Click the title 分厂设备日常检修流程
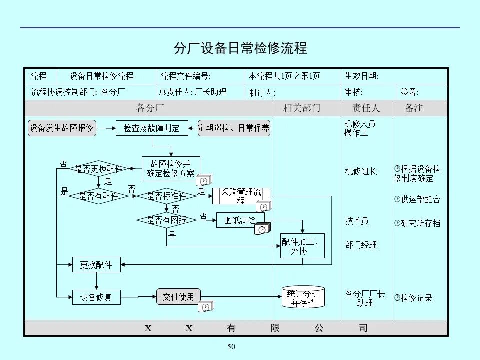pos(240,48)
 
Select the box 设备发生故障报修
pos(62,128)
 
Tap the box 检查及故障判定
pos(152,128)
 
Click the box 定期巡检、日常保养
pos(234,128)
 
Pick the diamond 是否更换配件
pos(99,169)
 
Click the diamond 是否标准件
pos(166,196)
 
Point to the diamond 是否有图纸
pos(166,219)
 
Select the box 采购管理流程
pos(241,196)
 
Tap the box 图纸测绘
pos(240,220)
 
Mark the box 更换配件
pos(96,265)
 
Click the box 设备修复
pos(96,297)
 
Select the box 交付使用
pos(178,296)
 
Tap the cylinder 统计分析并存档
pos(303,298)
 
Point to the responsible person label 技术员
pos(357,221)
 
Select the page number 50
pos(231,347)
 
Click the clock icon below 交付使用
pos(206,307)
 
